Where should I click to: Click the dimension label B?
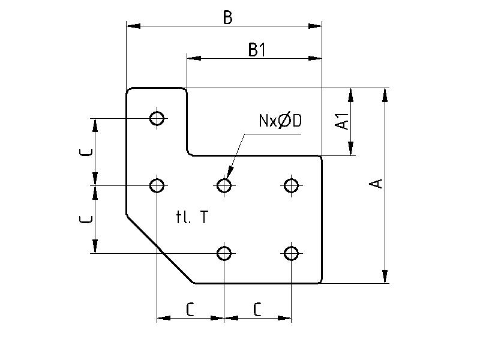coord(227,17)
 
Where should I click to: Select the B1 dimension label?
coord(257,50)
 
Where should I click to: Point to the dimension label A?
coord(376,183)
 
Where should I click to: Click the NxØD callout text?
coord(280,121)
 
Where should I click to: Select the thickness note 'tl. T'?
coord(193,217)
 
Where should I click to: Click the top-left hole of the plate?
coord(157,118)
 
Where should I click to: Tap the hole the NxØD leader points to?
coord(224,185)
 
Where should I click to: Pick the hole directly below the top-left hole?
coord(157,185)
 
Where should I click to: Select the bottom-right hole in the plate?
coord(292,253)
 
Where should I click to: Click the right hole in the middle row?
coord(292,185)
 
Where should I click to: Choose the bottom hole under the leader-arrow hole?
coord(224,253)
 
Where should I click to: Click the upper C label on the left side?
coord(87,152)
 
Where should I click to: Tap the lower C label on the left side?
coord(87,219)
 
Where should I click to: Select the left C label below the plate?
coord(190,310)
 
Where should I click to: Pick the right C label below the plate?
coord(257,310)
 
